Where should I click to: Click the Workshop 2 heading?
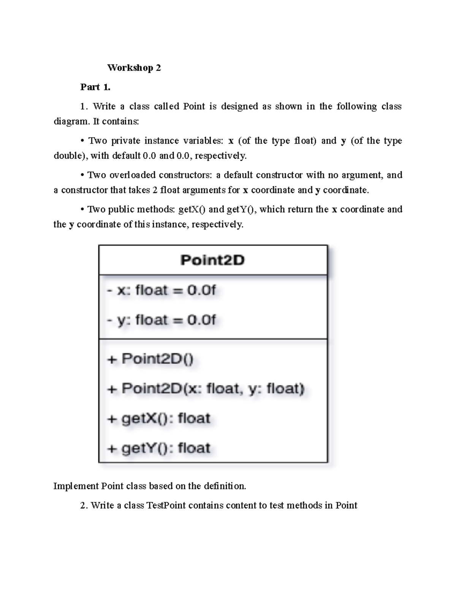point(134,68)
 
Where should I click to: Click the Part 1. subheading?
point(95,87)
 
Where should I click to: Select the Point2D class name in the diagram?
point(212,260)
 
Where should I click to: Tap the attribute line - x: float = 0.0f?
point(161,290)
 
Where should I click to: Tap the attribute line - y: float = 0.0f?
point(161,320)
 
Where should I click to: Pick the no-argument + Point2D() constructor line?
point(150,359)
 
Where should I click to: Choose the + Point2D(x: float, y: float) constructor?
point(206,389)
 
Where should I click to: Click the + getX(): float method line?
point(158,418)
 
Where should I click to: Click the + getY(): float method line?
point(158,448)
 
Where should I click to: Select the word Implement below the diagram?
point(76,486)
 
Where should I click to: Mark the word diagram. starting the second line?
point(71,122)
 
